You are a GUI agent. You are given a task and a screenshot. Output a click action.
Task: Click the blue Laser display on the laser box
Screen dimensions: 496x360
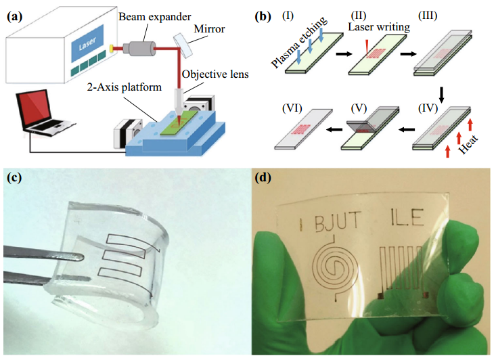87,43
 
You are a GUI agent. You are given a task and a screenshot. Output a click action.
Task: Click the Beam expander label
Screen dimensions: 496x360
155,16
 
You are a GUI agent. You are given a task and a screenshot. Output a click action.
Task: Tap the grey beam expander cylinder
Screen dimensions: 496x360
139,49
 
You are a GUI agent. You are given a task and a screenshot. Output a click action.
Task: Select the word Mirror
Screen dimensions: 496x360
209,29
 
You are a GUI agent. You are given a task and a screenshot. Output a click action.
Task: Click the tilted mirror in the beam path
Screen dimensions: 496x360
183,45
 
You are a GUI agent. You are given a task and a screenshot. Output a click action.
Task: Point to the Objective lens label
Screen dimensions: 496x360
215,74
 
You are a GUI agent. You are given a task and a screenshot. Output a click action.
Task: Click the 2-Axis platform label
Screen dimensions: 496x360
125,87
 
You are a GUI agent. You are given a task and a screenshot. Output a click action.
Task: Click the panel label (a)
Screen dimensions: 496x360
15,16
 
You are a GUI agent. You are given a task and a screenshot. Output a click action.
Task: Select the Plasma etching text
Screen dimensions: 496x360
299,41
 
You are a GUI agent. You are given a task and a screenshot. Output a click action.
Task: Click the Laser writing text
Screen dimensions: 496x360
379,27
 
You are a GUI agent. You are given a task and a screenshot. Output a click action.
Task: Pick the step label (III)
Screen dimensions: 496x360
428,16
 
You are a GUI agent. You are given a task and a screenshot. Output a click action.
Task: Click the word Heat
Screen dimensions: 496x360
468,144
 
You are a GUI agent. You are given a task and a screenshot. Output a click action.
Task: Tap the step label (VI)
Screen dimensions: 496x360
292,108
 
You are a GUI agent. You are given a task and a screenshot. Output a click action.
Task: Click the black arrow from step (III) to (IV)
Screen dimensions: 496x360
442,94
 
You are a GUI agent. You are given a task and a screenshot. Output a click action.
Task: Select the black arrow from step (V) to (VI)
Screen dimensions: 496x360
334,129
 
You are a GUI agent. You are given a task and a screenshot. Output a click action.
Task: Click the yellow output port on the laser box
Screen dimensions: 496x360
112,49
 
